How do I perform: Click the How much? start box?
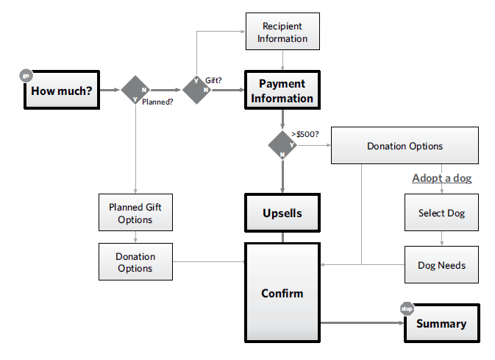[x=62, y=91]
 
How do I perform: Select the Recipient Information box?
[x=282, y=32]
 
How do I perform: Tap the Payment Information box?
[x=282, y=91]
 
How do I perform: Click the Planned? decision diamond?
[x=135, y=90]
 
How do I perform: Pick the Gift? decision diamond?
[x=197, y=90]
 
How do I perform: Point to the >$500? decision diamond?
[x=282, y=144]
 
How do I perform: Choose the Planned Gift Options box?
[x=135, y=213]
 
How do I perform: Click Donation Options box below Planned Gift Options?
[x=135, y=262]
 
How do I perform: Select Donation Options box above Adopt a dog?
[x=405, y=146]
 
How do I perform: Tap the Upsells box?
[x=282, y=213]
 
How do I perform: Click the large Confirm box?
[x=282, y=293]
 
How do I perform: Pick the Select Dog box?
[x=441, y=213]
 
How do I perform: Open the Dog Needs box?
[x=441, y=265]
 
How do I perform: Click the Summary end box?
[x=441, y=323]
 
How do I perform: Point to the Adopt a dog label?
[x=441, y=178]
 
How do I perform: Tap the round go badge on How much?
[x=26, y=75]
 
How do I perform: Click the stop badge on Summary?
[x=407, y=308]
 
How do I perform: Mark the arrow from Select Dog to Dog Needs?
[x=441, y=239]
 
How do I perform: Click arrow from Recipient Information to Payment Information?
[x=282, y=62]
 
